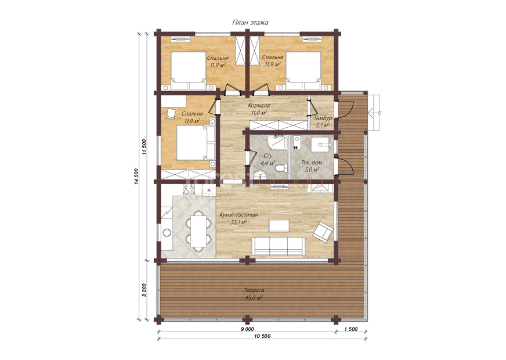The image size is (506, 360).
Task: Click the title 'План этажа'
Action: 250,23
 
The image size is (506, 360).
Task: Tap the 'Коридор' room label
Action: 259,105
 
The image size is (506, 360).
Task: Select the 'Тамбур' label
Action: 323,118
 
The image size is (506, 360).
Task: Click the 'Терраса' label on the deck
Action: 254,290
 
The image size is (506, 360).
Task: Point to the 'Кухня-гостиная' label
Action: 239,215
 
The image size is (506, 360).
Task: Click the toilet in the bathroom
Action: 281,168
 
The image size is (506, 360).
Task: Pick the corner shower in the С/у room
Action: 277,143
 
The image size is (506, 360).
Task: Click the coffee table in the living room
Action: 279,225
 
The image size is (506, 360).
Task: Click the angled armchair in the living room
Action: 323,232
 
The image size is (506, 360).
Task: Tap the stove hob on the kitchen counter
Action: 188,190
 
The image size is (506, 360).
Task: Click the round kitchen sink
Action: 167,232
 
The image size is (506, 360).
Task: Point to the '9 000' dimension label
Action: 247,329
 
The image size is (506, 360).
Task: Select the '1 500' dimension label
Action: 351,329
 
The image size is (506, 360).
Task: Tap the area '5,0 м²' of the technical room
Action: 310,169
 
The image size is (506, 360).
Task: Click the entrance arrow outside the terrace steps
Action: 375,113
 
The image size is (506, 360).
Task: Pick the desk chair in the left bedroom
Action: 171,114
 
